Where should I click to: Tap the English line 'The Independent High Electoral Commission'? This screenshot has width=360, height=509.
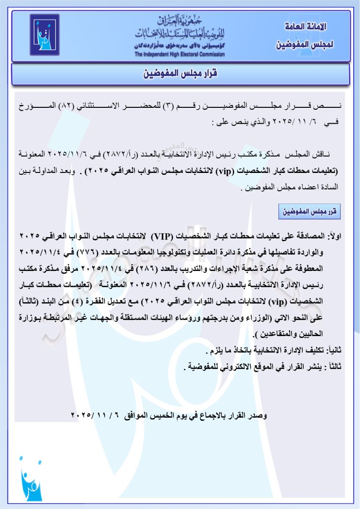point(180,54)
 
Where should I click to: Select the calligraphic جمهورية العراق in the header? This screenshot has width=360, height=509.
point(179,20)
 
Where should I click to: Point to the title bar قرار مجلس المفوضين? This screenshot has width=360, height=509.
point(180,74)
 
